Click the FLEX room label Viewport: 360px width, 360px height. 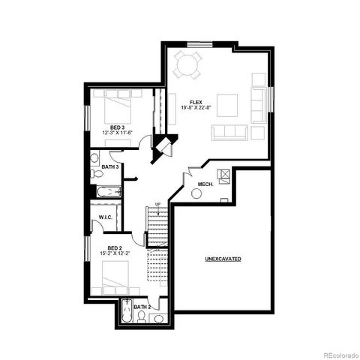tap(196, 102)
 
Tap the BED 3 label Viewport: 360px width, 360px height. tap(117, 127)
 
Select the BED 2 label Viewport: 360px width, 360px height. tap(114, 247)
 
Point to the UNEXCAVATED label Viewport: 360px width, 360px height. tap(223, 259)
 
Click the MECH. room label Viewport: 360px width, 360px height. tap(205, 184)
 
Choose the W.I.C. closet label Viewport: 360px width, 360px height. tap(106, 217)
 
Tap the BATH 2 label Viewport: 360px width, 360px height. tap(142, 307)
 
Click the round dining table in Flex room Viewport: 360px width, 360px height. tap(187, 66)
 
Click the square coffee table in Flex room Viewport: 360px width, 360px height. tap(229, 103)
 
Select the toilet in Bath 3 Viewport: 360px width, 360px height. tap(96, 172)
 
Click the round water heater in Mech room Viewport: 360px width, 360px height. tap(196, 193)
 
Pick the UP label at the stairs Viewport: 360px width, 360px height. tap(157, 204)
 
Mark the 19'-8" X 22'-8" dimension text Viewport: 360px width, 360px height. tap(196, 108)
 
